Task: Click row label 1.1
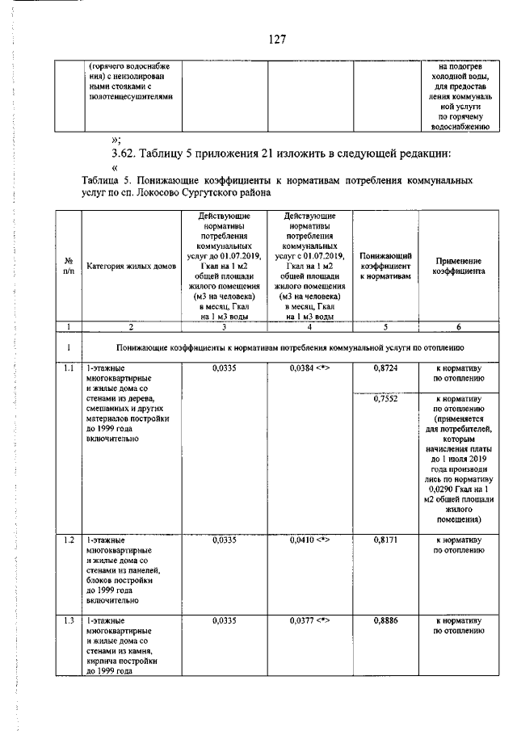[x=69, y=368]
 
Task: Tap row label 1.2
[x=69, y=539]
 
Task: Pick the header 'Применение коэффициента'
[x=458, y=267]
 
